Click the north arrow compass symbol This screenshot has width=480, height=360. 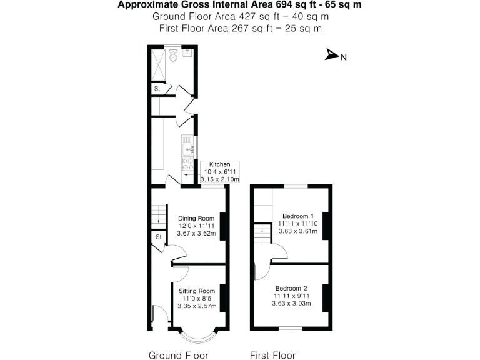(332, 56)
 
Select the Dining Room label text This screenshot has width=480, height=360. (197, 218)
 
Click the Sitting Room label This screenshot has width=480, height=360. (197, 291)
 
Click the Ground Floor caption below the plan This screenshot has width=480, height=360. (177, 355)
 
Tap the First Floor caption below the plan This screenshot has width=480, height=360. (272, 355)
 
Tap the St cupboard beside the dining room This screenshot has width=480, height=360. (159, 237)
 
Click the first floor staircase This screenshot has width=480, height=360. (262, 236)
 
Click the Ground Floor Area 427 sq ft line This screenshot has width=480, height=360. (241, 17)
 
